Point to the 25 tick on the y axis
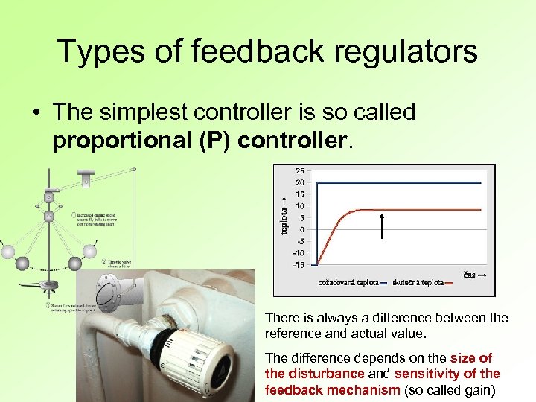tap(299, 170)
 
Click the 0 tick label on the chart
tap(301, 229)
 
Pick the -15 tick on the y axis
tap(298, 264)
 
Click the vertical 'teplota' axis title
tap(284, 216)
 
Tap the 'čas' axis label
tap(469, 275)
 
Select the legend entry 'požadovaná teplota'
tap(348, 283)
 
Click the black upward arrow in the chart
tap(382, 226)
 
